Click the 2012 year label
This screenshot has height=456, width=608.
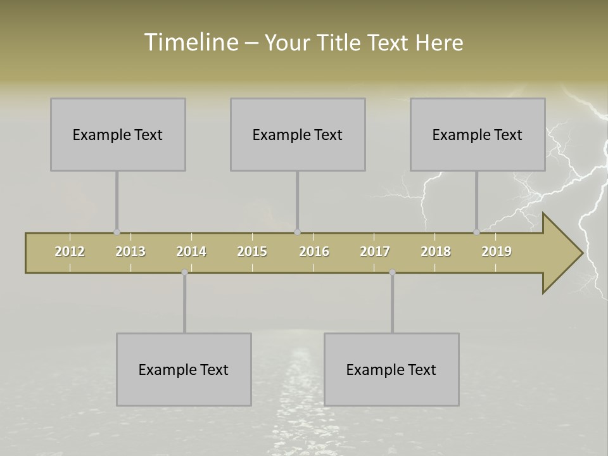pyautogui.click(x=70, y=251)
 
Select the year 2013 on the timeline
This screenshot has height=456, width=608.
pyautogui.click(x=130, y=251)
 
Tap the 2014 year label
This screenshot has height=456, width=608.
pyautogui.click(x=191, y=251)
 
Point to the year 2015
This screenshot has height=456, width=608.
pyautogui.click(x=252, y=251)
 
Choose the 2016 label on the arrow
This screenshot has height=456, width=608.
pyautogui.click(x=314, y=251)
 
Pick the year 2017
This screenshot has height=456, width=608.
pyautogui.click(x=375, y=251)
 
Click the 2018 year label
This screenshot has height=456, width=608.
pyautogui.click(x=436, y=251)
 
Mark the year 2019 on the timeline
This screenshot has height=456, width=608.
pyautogui.click(x=497, y=251)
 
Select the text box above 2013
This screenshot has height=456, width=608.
pyautogui.click(x=118, y=134)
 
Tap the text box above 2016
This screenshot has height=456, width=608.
pyautogui.click(x=298, y=134)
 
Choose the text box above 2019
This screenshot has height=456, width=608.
pyautogui.click(x=478, y=134)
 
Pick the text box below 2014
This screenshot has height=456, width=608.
pyautogui.click(x=184, y=369)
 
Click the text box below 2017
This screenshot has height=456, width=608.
pyautogui.click(x=391, y=369)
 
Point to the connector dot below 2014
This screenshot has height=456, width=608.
pyautogui.click(x=184, y=272)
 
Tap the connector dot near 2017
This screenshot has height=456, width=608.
pyautogui.click(x=392, y=272)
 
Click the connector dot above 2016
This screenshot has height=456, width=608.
pyautogui.click(x=298, y=232)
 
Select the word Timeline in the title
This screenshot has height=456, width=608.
pyautogui.click(x=190, y=42)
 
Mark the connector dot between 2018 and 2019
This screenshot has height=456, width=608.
pyautogui.click(x=476, y=232)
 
